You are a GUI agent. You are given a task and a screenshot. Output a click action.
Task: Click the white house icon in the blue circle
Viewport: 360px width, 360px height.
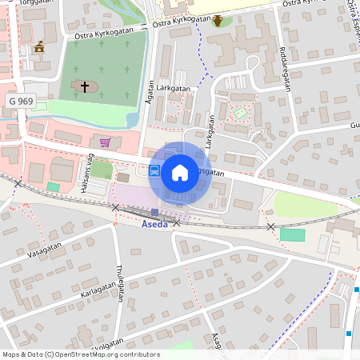180,171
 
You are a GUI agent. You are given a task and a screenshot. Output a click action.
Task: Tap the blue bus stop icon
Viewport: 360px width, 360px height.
154,170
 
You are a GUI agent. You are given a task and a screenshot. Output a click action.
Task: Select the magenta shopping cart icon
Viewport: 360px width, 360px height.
106,143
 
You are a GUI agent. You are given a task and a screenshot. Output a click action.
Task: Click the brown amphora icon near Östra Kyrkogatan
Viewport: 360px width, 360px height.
218,20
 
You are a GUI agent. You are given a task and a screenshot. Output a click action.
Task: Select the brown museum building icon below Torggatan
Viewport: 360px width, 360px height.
38,50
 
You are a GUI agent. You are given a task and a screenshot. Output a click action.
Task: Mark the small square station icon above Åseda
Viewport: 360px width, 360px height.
154,212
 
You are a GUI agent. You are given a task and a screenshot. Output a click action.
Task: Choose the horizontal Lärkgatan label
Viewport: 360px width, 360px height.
174,89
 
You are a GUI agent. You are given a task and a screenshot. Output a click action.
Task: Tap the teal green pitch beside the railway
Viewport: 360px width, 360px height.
293,234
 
